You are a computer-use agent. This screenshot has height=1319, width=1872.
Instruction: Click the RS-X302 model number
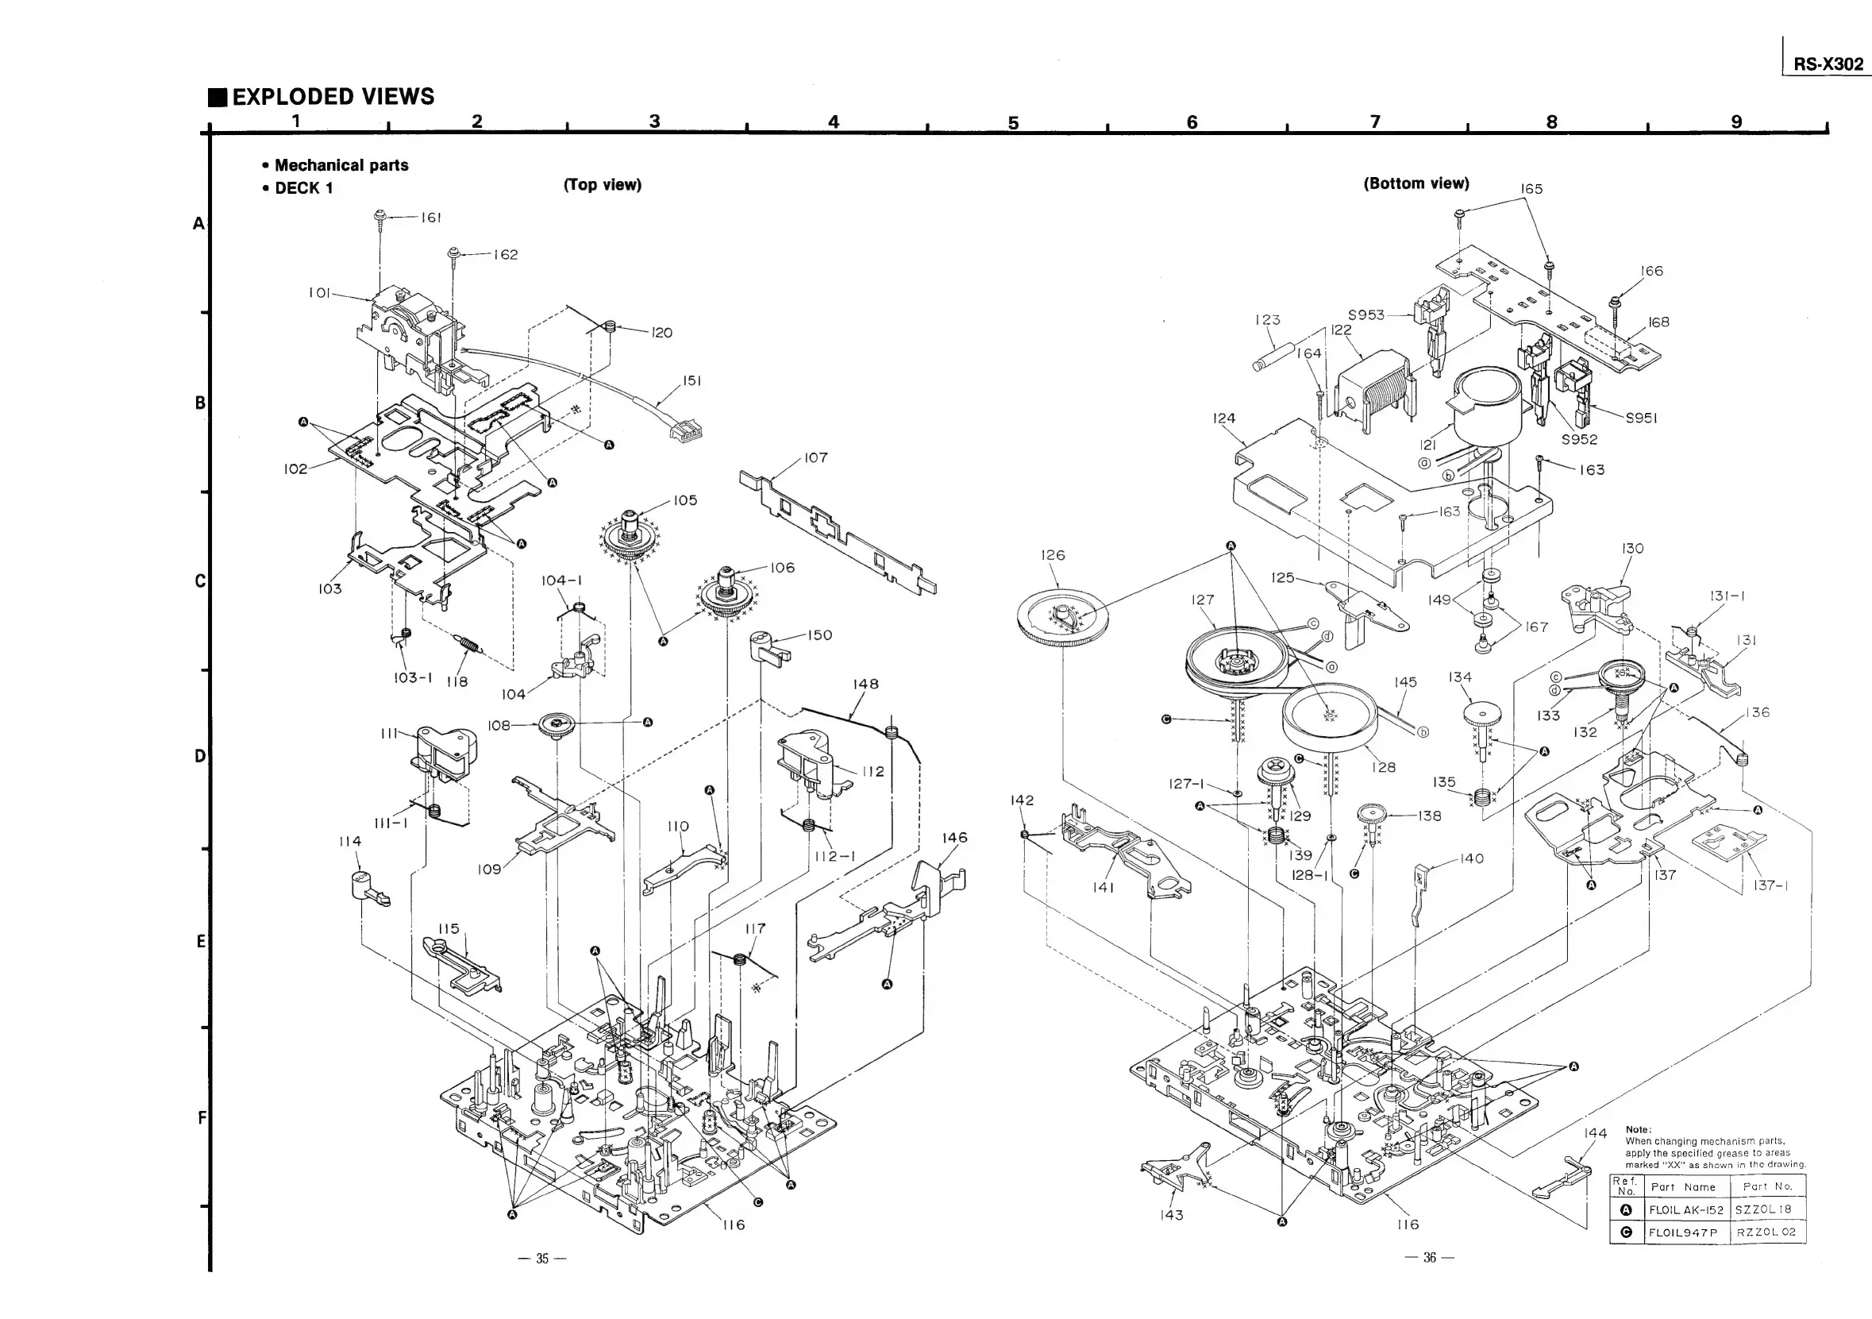coord(1828,64)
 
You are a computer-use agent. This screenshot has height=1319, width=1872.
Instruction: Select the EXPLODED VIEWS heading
coord(333,97)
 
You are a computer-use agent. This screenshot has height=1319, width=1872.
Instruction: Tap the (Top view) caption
coord(603,185)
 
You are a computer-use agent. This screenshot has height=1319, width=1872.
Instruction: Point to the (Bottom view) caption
coord(1416,183)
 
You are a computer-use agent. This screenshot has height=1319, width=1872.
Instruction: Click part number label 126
coord(1053,556)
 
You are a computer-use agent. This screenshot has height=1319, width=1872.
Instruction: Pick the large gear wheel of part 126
coord(1062,619)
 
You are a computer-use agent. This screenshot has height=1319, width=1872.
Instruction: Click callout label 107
coord(815,458)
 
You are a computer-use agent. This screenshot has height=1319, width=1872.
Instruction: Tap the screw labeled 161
coord(380,218)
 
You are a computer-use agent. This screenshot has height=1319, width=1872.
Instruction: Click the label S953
coord(1365,315)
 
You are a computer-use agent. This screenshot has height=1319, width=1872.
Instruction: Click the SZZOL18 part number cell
coord(1765,1209)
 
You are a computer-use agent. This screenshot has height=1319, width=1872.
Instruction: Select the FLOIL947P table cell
coord(1683,1232)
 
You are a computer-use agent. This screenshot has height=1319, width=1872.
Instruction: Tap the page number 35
coord(542,1259)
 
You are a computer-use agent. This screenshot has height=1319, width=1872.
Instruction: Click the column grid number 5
coord(1013,123)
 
